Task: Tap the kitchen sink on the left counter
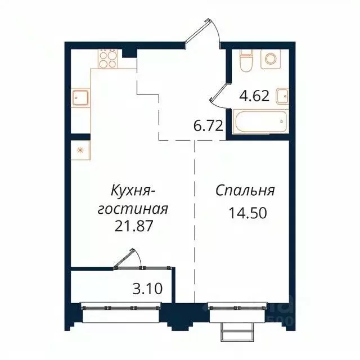(x=80, y=98)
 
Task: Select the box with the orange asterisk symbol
(x=80, y=150)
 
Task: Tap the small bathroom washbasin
(x=282, y=96)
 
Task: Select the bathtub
(x=260, y=122)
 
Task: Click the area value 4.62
(x=254, y=96)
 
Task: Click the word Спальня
(x=245, y=190)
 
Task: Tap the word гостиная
(x=133, y=209)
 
